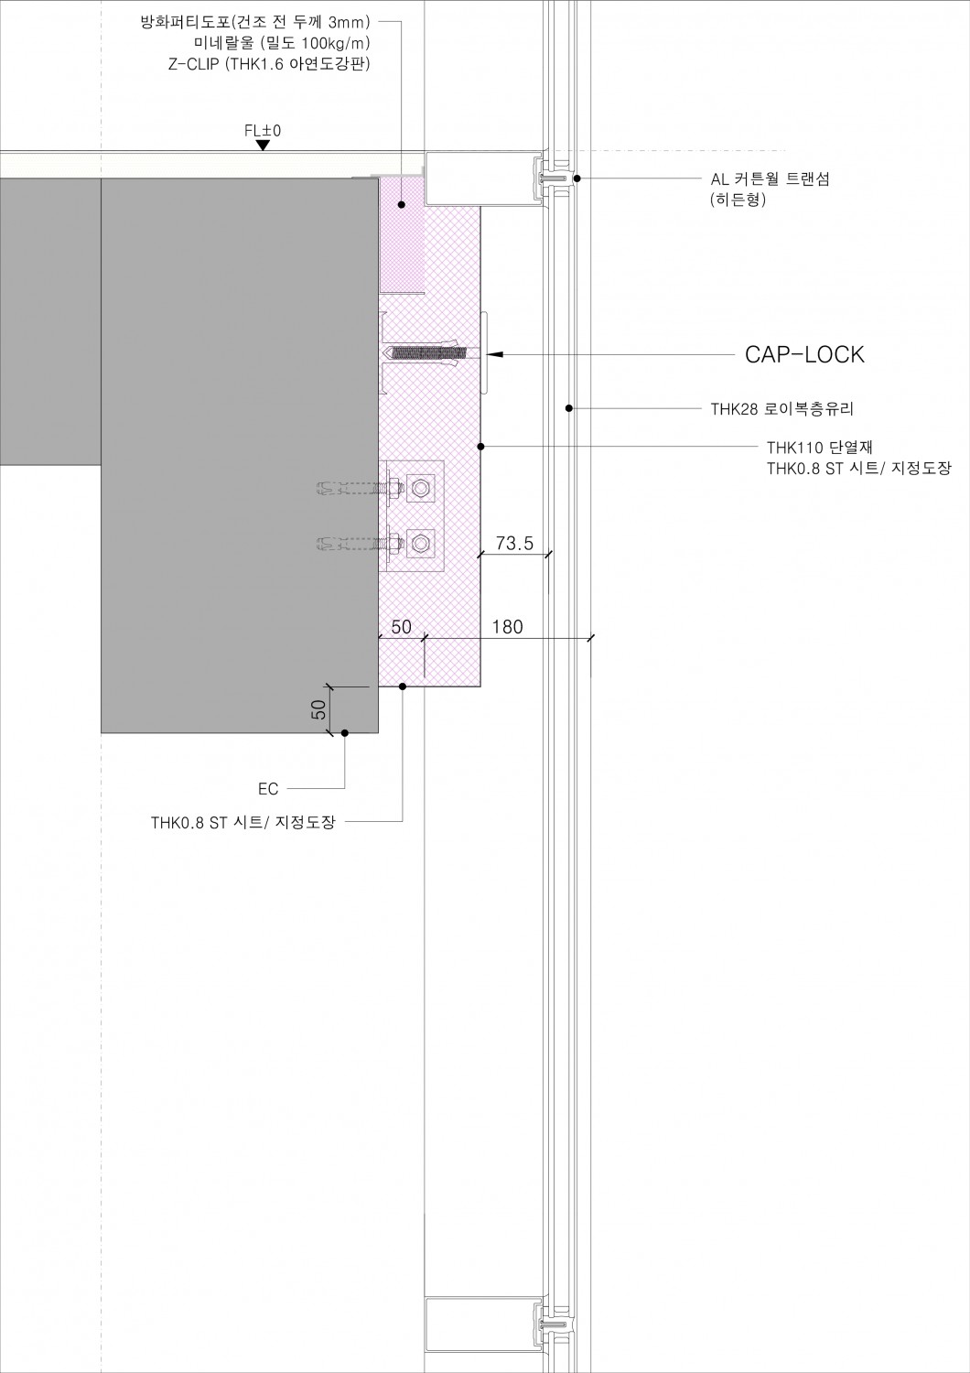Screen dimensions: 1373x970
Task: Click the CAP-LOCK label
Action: point(804,355)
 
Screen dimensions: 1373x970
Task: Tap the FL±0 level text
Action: point(263,131)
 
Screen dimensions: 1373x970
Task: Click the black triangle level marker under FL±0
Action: point(264,145)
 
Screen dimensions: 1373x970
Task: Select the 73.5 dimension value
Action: point(514,543)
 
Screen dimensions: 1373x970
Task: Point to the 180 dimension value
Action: point(507,627)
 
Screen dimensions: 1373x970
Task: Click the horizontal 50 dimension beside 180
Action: point(401,627)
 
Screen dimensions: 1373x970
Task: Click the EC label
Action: point(268,788)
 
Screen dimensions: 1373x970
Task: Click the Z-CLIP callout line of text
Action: point(270,63)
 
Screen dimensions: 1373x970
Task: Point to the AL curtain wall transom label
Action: point(770,179)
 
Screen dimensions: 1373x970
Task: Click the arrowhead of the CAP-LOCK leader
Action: point(495,353)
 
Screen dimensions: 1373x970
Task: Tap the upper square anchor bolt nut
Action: point(421,488)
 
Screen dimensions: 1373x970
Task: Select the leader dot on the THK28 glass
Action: point(568,407)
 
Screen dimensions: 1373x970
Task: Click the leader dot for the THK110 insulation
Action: point(481,447)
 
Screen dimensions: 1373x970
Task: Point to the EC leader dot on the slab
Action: point(344,732)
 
